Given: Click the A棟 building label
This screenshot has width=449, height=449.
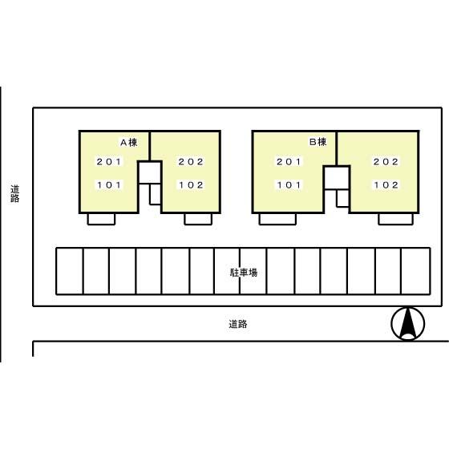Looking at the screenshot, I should [129, 143].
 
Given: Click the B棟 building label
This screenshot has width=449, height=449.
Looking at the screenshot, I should [318, 143].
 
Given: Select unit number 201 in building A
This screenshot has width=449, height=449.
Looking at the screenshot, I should [109, 162].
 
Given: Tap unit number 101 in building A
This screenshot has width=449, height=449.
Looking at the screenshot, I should [109, 184].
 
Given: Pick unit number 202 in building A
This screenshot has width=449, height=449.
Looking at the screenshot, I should [191, 162].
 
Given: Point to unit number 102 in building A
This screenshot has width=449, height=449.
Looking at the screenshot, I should [191, 184].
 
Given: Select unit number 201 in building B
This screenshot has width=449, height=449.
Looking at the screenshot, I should [289, 162].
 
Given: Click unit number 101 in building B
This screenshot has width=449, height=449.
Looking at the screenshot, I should [289, 184].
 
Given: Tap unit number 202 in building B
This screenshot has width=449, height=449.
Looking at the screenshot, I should [386, 162].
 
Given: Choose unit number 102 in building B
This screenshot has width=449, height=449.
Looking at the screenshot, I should [386, 184].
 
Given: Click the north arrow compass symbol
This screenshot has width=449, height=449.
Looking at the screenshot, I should [407, 324].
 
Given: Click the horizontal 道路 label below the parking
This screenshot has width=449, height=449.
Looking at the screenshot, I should [237, 325].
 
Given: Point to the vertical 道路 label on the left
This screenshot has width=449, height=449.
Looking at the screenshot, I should [15, 194].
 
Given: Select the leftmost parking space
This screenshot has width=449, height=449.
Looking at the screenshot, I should [69, 271].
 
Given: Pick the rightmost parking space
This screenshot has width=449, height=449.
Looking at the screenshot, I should [414, 271].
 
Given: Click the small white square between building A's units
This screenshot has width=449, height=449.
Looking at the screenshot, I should [149, 172].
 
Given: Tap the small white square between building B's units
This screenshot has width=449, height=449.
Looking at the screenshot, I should [338, 177].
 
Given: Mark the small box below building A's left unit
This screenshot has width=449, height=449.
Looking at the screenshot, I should [101, 219].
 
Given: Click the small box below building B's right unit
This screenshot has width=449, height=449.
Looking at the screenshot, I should [395, 219].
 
